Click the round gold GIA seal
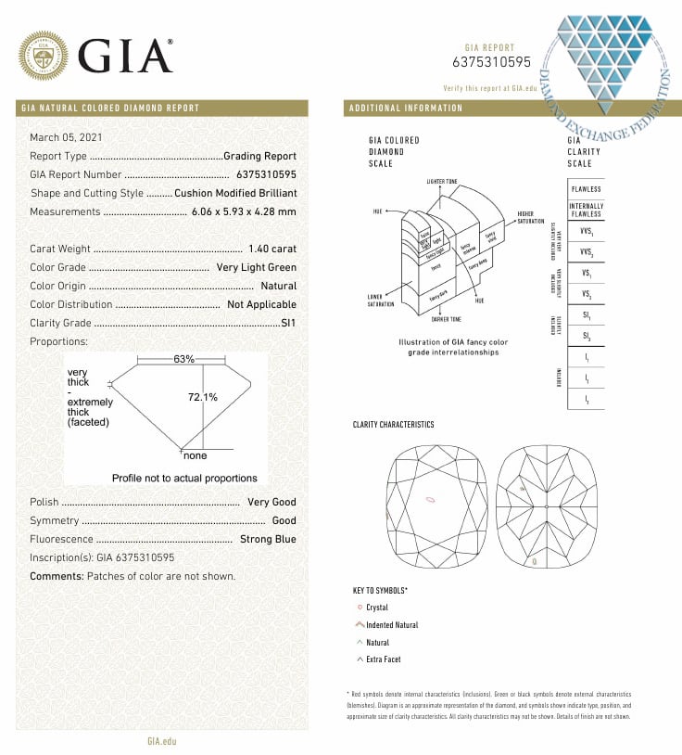tap(44, 55)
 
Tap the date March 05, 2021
tap(66, 137)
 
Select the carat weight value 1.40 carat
tap(272, 249)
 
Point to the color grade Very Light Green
tap(256, 267)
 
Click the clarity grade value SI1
tap(288, 323)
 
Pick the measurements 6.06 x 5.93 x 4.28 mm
tap(244, 211)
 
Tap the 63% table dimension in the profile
tap(183, 358)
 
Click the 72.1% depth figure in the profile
tap(202, 397)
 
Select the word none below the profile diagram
tap(195, 456)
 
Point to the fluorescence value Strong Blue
tap(268, 539)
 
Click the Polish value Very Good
tap(272, 502)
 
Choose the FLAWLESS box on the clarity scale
tap(586, 189)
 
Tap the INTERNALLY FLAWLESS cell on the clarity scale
tap(586, 210)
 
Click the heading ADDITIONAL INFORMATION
tap(406, 109)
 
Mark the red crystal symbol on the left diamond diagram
tap(430, 501)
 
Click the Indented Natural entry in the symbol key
tap(392, 625)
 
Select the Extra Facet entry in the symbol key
tap(385, 659)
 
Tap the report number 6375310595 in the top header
tap(491, 62)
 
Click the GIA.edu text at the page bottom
tap(161, 740)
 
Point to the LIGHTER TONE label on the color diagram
tap(442, 181)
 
